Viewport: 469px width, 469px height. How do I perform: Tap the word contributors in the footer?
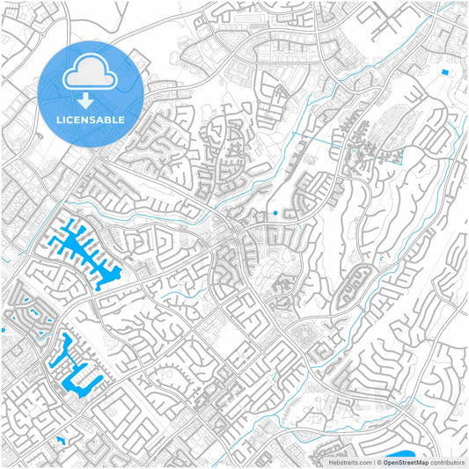pyautogui.click(x=447, y=461)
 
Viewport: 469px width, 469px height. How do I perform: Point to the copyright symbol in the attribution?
pyautogui.click(x=379, y=461)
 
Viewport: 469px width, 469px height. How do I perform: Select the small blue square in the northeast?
pyautogui.click(x=444, y=71)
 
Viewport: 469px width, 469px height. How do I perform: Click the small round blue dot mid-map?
pyautogui.click(x=275, y=212)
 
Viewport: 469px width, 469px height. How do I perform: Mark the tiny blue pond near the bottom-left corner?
pyautogui.click(x=60, y=438)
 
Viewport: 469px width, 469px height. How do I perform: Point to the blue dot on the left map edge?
pyautogui.click(x=3, y=330)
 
